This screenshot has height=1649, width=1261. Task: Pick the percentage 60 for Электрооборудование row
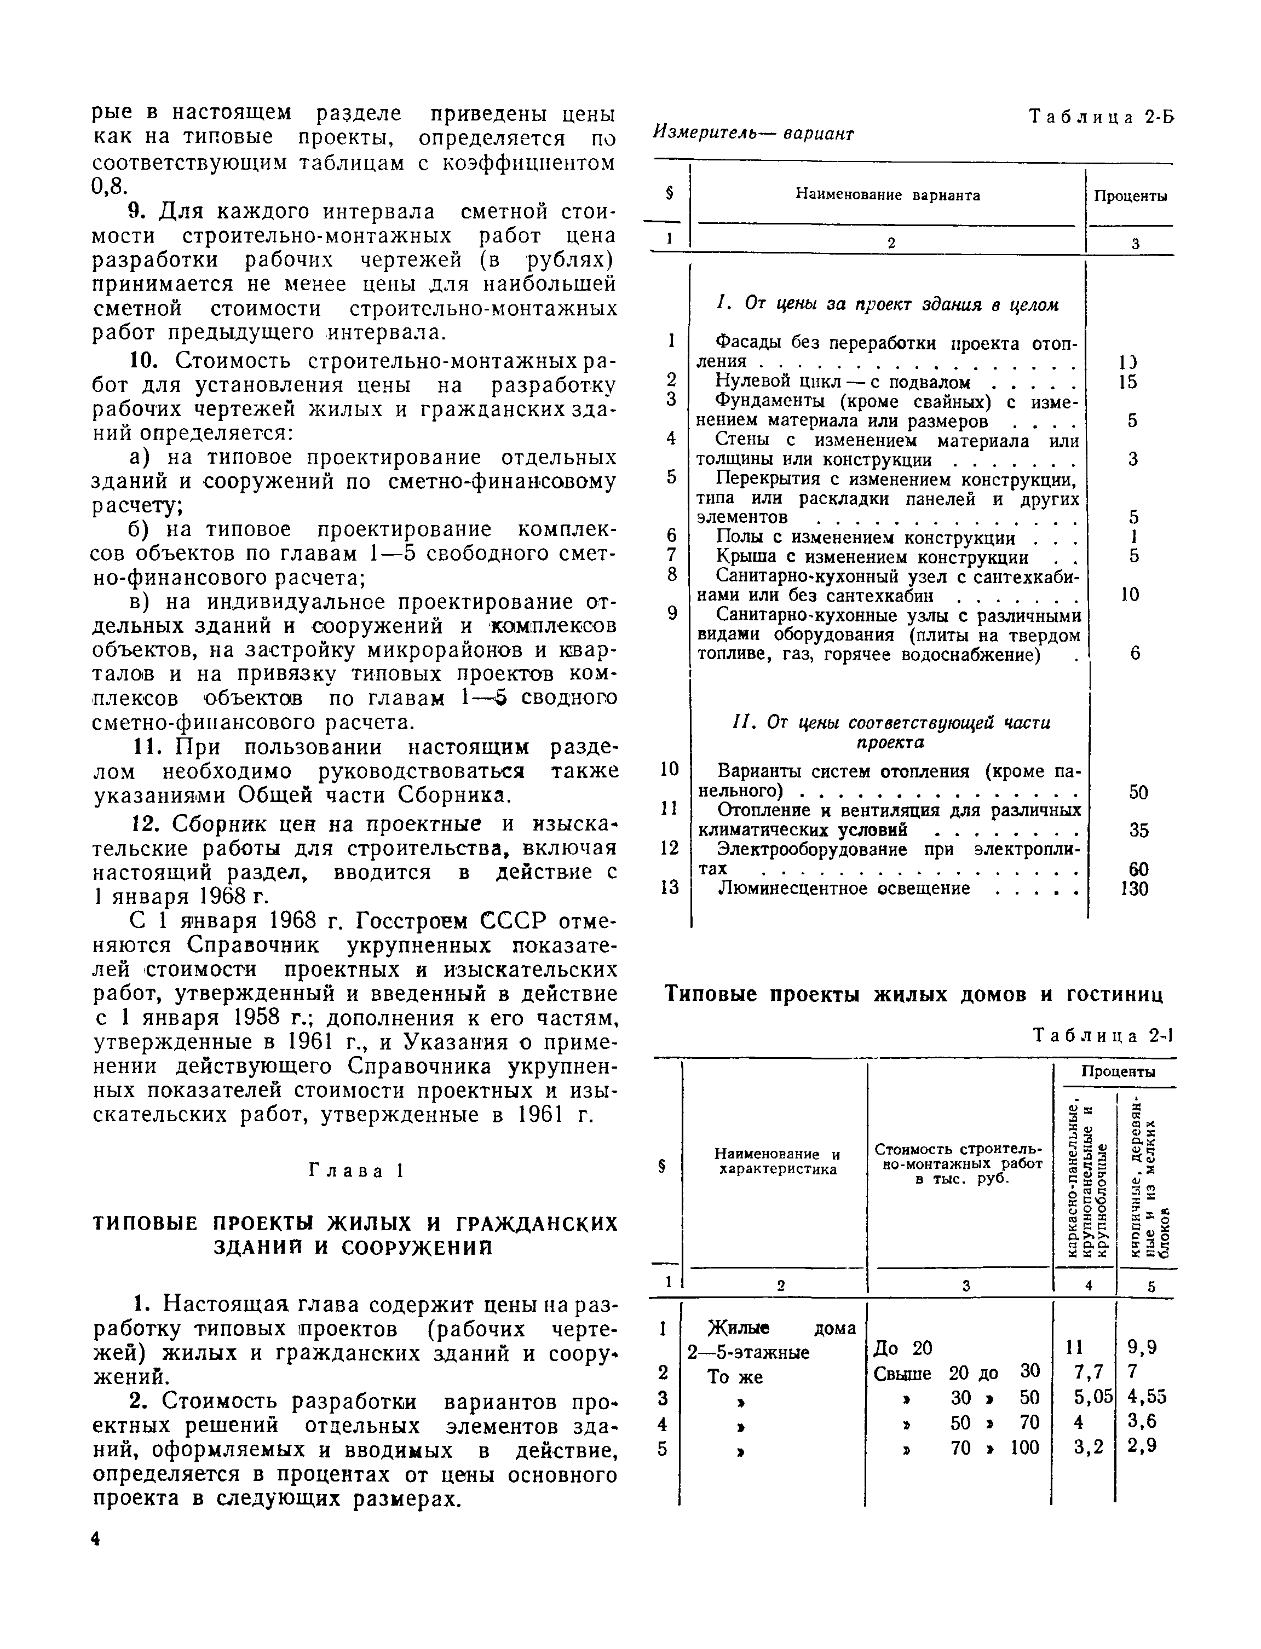click(1138, 869)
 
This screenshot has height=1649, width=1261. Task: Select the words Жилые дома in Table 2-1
click(781, 1329)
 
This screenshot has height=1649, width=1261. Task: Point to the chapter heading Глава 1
click(356, 1172)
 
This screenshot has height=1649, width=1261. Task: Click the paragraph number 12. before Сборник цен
click(145, 823)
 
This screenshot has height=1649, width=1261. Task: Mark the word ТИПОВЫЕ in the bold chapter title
click(146, 1225)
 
